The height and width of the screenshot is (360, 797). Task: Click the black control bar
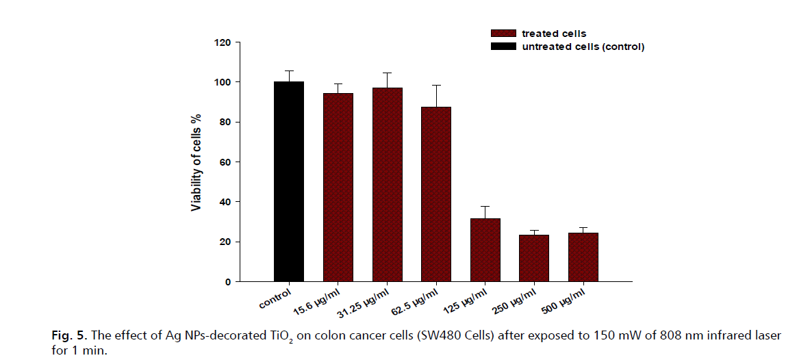pyautogui.click(x=288, y=181)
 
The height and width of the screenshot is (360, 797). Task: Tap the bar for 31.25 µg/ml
pyautogui.click(x=387, y=184)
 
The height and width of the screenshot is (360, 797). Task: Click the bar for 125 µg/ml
pyautogui.click(x=485, y=250)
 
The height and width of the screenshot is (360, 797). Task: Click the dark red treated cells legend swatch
pyautogui.click(x=503, y=34)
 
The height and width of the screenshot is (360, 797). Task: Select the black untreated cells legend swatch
pyautogui.click(x=503, y=47)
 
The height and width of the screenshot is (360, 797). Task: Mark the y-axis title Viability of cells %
pyautogui.click(x=197, y=162)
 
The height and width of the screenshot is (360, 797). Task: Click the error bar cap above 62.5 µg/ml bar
pyautogui.click(x=436, y=85)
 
